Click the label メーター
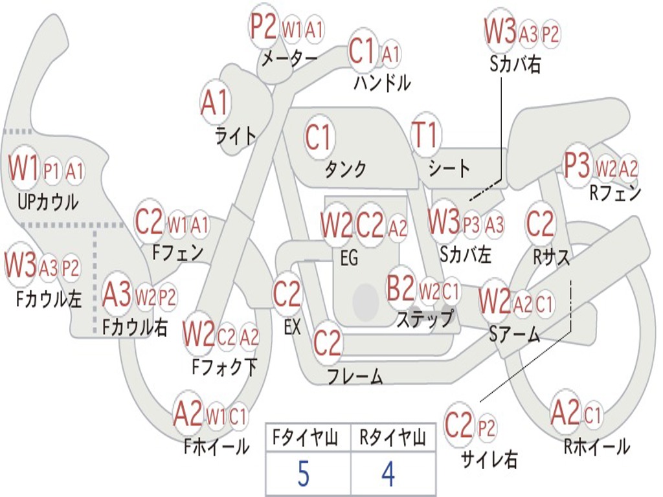point(289,58)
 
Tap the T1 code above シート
point(425,136)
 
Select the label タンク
point(345,169)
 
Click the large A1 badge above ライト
point(216,102)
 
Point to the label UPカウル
point(48,203)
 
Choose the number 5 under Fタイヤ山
point(303,474)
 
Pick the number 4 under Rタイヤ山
point(388,474)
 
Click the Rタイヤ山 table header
point(392,439)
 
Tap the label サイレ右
point(489,459)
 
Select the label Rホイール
point(596,446)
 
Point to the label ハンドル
point(382,82)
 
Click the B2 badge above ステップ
point(400,289)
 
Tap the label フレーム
point(355,375)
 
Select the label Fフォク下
point(224,367)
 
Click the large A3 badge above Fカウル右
point(117,295)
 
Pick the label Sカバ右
point(515,65)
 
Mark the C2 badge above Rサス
point(541,224)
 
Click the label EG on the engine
point(348,258)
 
